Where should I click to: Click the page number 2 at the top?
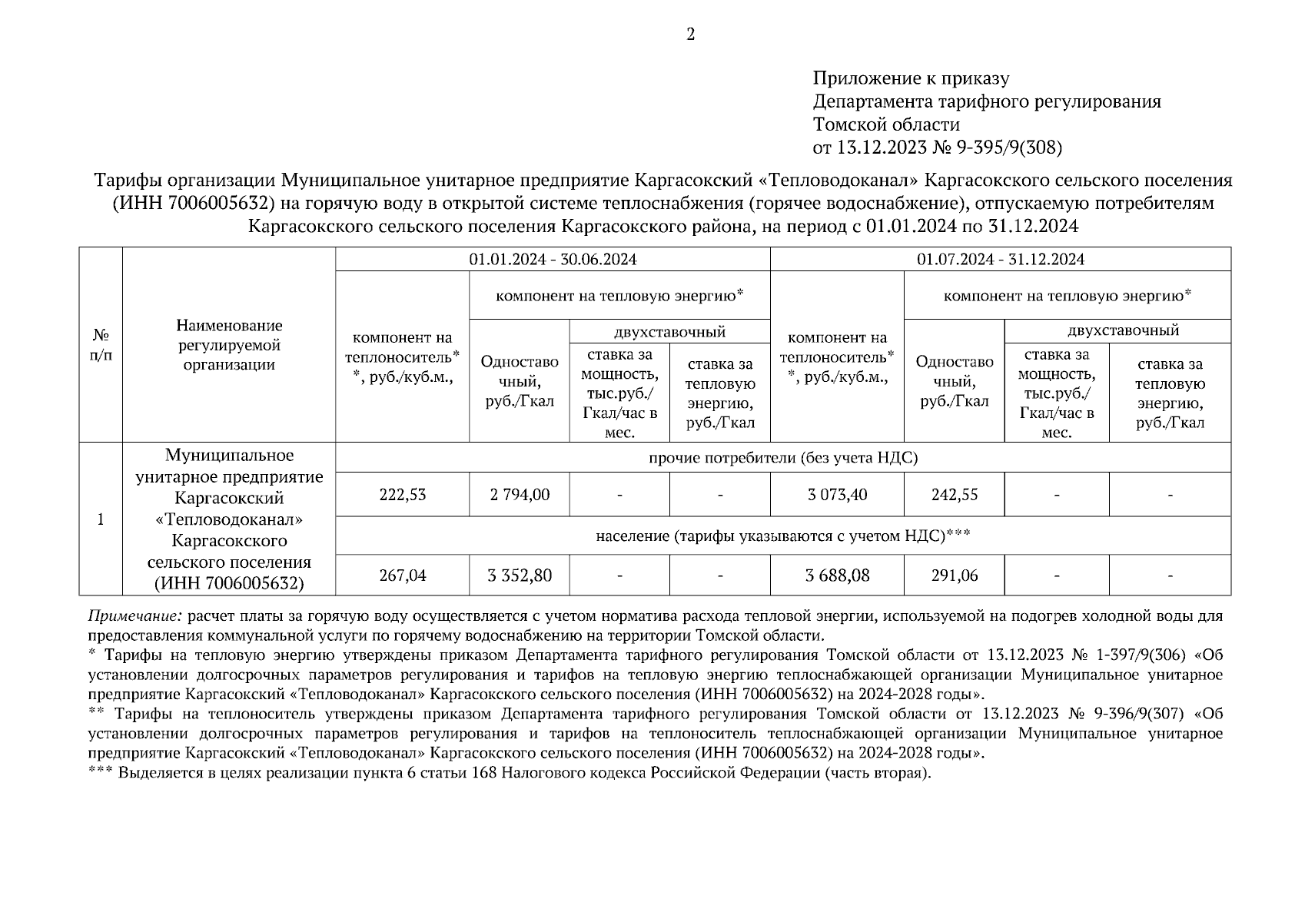tap(690, 35)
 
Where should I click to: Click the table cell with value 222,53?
tap(402, 495)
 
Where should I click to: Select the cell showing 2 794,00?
tap(520, 495)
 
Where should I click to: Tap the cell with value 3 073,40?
tap(837, 495)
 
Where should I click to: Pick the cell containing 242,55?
tap(955, 495)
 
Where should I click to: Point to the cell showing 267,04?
tap(402, 575)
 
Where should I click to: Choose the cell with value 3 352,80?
tap(520, 575)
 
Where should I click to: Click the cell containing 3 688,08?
tap(837, 575)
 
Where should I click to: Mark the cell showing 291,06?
tap(955, 575)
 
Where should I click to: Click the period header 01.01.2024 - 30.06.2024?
tap(553, 260)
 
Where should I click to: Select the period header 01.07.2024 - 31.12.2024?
tap(1000, 260)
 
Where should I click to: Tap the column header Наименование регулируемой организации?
tap(229, 345)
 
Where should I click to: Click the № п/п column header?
tap(101, 345)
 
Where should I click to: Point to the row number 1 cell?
tap(101, 519)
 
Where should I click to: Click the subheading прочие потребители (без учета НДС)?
tap(783, 459)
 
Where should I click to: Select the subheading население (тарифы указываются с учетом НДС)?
tap(783, 536)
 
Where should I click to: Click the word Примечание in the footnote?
tap(135, 616)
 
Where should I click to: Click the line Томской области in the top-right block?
tap(886, 124)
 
